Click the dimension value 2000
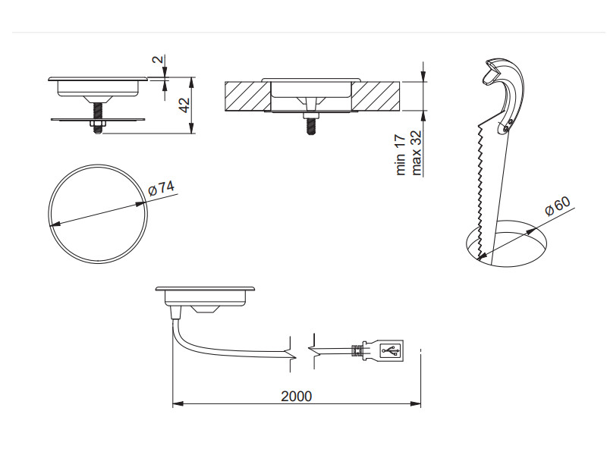pyautogui.click(x=296, y=396)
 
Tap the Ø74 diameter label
pyautogui.click(x=162, y=188)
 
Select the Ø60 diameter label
pyautogui.click(x=558, y=206)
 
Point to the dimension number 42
pyautogui.click(x=185, y=105)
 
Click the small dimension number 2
pyautogui.click(x=157, y=59)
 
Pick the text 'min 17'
pyautogui.click(x=401, y=155)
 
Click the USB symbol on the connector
pyautogui.click(x=391, y=350)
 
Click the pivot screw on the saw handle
pyautogui.click(x=511, y=122)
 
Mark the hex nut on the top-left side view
pyautogui.click(x=97, y=124)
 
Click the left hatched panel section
pyautogui.click(x=247, y=96)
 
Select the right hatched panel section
pyautogui.click(x=376, y=96)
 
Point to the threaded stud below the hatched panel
pyautogui.click(x=310, y=125)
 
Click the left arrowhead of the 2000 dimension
pyautogui.click(x=178, y=403)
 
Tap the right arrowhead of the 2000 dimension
pyautogui.click(x=415, y=403)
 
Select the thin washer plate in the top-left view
pyautogui.click(x=98, y=120)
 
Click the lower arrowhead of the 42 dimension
pyautogui.click(x=191, y=128)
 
